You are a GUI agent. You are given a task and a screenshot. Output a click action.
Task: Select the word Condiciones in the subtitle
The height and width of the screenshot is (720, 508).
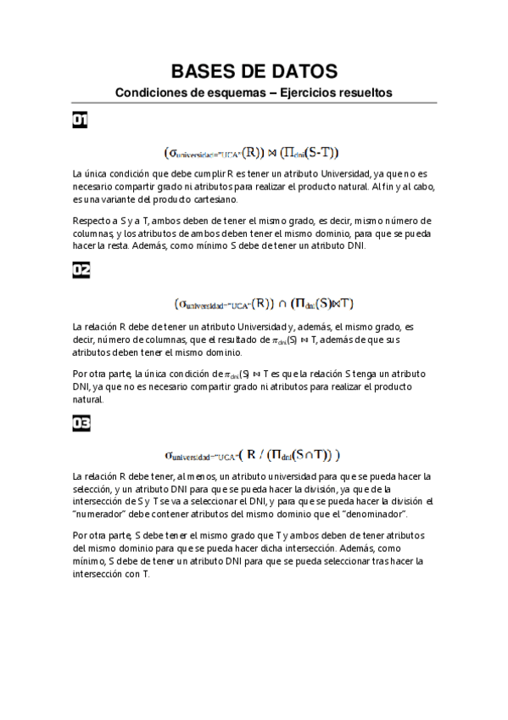point(149,93)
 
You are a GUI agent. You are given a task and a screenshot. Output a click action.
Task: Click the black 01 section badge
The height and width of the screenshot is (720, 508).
point(81,121)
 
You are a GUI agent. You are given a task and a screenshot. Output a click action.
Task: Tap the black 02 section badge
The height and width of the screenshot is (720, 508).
point(81,271)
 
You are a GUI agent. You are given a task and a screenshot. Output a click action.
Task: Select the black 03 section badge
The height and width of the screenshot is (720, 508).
point(81,422)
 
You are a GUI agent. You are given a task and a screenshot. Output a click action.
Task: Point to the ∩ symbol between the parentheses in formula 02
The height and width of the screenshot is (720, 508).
point(282,303)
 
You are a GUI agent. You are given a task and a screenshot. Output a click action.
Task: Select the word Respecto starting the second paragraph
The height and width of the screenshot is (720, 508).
point(92,221)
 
